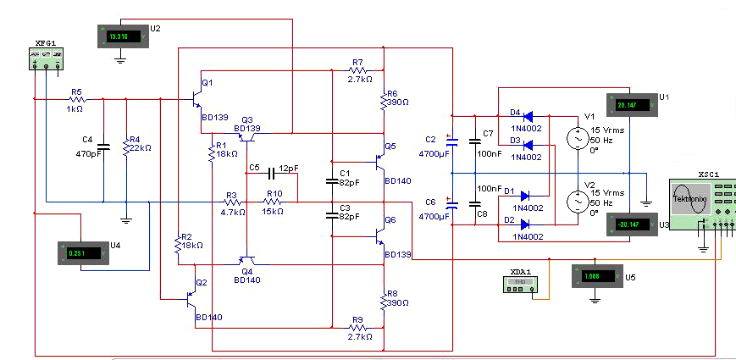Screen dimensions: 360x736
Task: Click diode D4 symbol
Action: point(527,116)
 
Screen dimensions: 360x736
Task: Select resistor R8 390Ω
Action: point(384,302)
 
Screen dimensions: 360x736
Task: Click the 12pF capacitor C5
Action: point(272,174)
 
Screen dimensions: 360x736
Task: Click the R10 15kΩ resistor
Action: point(273,202)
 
